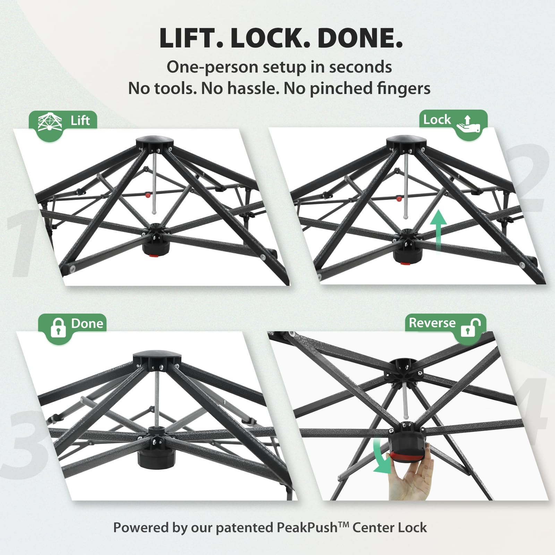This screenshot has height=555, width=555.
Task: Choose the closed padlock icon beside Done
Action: tap(58, 328)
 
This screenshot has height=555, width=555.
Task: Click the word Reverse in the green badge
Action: tap(432, 323)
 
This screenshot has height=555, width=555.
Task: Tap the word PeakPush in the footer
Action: tap(307, 528)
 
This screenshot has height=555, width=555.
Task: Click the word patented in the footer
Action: tap(244, 528)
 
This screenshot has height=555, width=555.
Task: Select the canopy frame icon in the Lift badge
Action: tap(50, 122)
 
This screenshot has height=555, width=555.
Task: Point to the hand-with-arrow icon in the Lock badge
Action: tap(468, 124)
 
